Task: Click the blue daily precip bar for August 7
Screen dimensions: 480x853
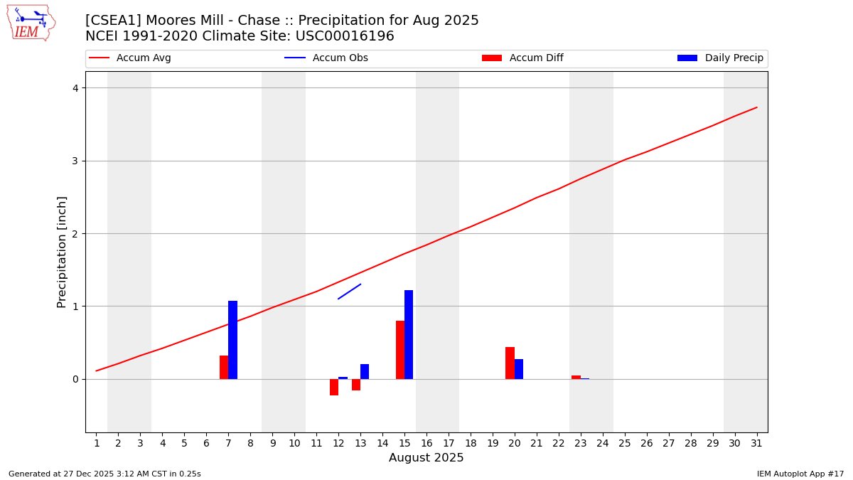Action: click(232, 340)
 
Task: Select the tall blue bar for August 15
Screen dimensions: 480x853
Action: click(409, 334)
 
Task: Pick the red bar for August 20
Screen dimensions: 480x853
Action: click(510, 363)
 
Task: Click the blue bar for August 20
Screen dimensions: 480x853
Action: click(519, 369)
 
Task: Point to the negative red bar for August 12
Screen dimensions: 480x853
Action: click(334, 387)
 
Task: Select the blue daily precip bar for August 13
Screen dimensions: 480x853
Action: click(365, 371)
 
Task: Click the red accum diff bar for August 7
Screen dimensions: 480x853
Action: click(224, 367)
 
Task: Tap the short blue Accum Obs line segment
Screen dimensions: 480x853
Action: click(349, 292)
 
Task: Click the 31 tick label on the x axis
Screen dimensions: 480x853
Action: click(756, 443)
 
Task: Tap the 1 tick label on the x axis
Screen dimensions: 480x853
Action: click(97, 443)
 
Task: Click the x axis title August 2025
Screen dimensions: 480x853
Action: click(426, 458)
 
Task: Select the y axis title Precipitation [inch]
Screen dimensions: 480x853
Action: click(62, 252)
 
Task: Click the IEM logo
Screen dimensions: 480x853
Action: click(31, 23)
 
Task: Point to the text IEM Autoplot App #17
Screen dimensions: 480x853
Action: click(800, 474)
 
